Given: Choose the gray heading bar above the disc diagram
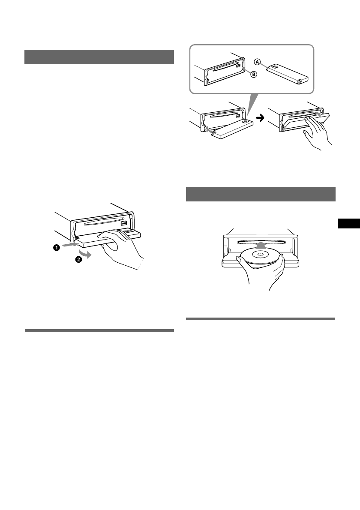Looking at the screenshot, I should (x=261, y=194).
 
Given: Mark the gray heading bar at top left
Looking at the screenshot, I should (x=99, y=57).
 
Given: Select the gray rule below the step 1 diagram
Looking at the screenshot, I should (x=99, y=330).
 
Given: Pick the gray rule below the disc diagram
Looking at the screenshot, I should (x=261, y=319).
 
